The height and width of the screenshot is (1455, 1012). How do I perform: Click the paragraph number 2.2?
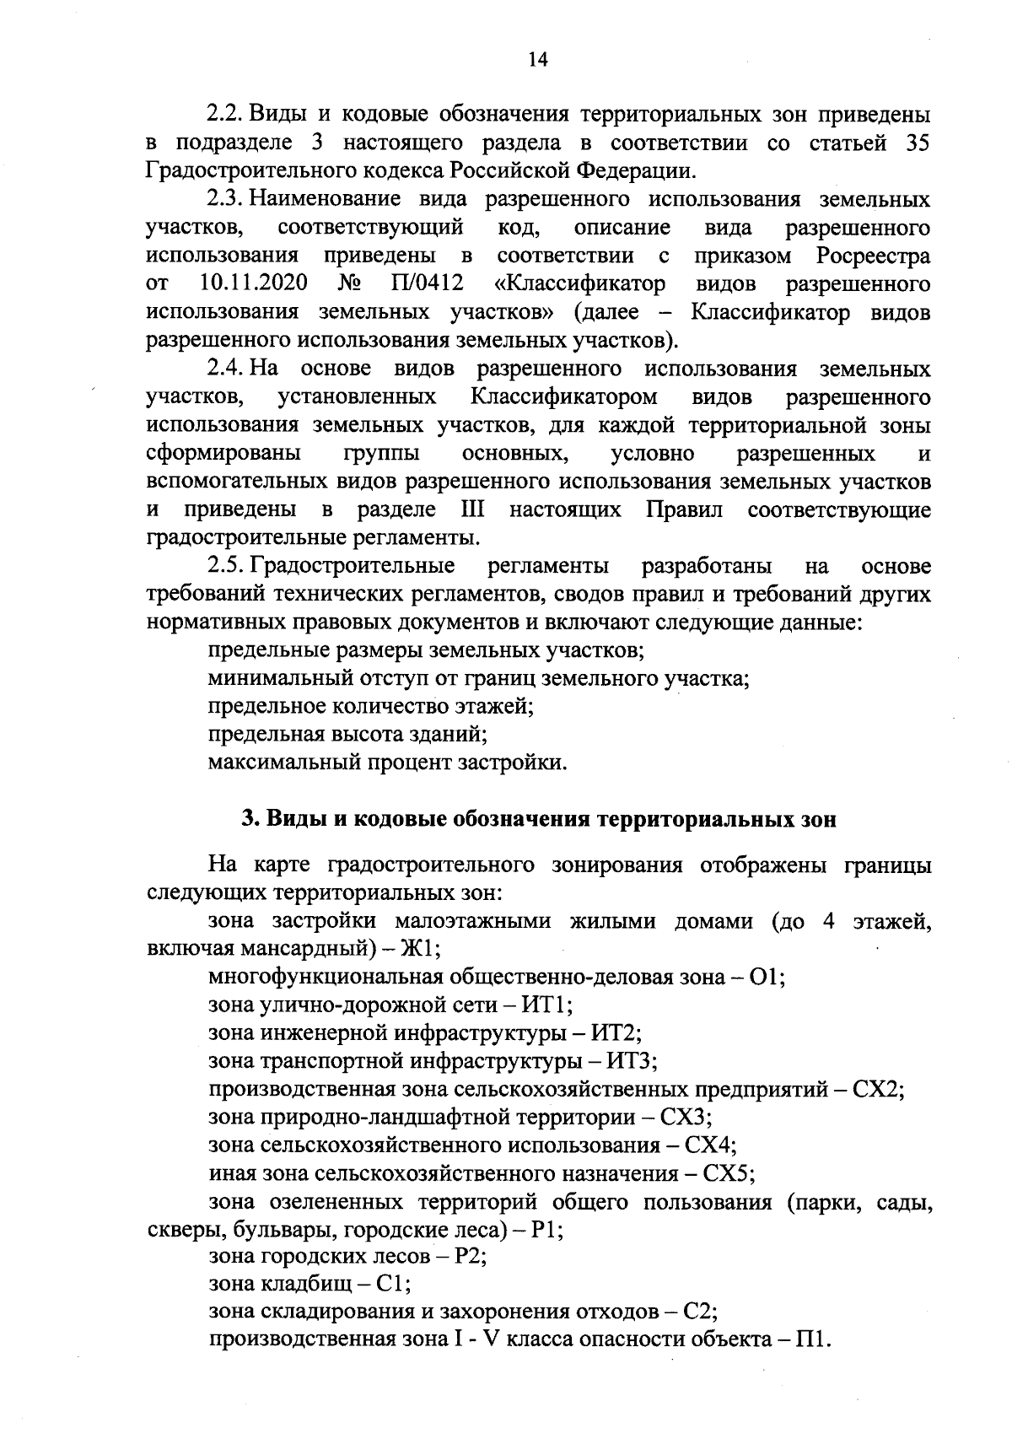tap(226, 114)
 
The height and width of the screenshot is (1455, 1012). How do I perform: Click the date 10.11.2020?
tap(254, 283)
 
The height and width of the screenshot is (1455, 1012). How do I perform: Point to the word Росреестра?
tap(874, 255)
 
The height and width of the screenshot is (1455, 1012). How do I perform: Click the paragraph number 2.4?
tap(226, 369)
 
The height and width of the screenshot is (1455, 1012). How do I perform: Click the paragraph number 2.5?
tap(226, 565)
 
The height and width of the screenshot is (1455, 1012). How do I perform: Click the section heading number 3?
tap(248, 820)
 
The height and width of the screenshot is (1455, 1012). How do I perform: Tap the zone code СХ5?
tap(729, 1173)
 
